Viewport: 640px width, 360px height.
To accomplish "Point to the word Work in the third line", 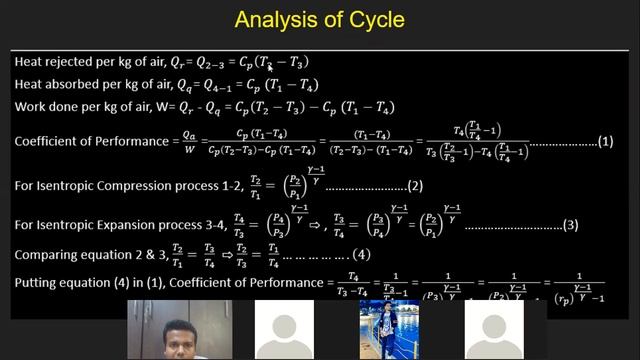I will tap(31, 106).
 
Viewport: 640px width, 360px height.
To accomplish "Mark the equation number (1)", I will tap(605, 141).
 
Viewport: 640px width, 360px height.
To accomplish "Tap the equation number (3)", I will tap(570, 225).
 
